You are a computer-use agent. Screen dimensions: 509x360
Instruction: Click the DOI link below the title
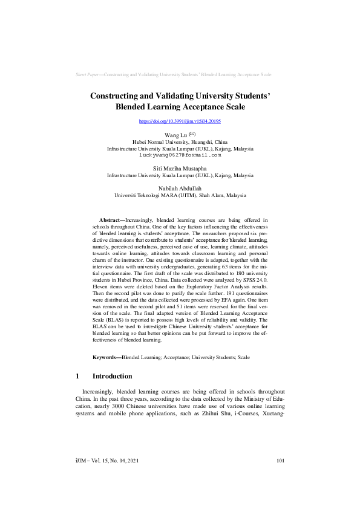(180, 122)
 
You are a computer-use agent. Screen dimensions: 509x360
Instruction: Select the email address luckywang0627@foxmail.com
(180, 155)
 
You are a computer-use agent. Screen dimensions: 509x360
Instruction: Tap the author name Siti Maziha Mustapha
(180, 169)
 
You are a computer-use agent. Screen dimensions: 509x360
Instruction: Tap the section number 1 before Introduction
(77, 376)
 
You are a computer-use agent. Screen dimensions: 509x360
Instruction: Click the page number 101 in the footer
(280, 478)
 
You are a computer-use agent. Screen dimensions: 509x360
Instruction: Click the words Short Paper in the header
(87, 74)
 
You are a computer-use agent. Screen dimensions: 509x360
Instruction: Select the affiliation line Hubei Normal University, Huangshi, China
(180, 141)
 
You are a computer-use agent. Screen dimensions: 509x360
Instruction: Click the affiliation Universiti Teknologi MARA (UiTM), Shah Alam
(180, 196)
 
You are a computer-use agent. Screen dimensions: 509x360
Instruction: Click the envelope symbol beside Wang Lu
(192, 134)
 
